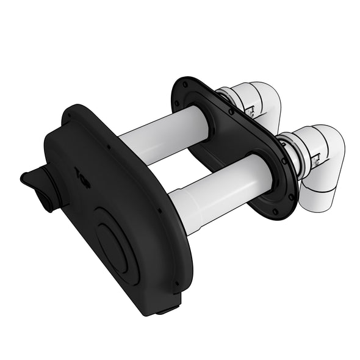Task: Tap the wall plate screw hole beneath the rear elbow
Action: pos(231,112)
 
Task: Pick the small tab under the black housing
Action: pos(165,311)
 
